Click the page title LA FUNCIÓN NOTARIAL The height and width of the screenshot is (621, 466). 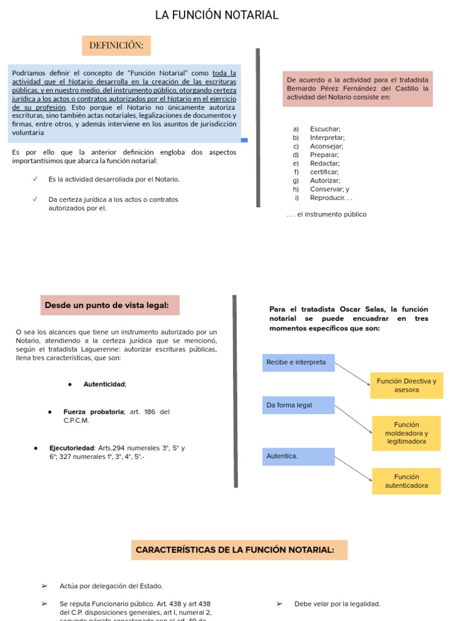pos(217,15)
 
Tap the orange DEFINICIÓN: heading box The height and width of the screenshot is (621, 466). pos(116,45)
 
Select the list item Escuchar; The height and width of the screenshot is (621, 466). pos(325,129)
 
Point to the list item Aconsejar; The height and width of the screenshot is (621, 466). pos(326,146)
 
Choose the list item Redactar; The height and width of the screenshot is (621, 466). pos(325,163)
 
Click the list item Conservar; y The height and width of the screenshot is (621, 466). pos(329,189)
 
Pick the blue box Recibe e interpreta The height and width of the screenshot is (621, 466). pos(298,363)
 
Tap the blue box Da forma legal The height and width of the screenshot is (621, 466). pos(298,405)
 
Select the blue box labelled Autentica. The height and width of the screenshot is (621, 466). pos(298,456)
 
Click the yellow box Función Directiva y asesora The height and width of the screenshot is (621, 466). pos(407,385)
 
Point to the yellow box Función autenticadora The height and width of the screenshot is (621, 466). pos(406,481)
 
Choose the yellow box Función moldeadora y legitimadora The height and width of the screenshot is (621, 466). pos(406,433)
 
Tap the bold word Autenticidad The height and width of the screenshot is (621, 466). pos(104,384)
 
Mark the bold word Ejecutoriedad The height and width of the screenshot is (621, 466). pos(72,448)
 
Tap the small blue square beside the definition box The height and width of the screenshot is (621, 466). pos(245,140)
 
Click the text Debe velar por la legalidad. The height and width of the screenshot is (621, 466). pos(337,603)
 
